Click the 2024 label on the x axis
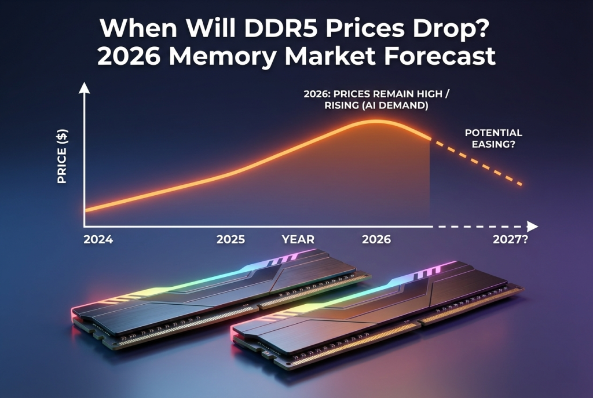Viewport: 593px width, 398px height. pos(98,239)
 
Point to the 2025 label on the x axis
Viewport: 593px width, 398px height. pos(230,239)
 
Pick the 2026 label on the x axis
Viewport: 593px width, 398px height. pos(376,239)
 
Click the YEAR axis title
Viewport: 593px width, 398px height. pos(298,239)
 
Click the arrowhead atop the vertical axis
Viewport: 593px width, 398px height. pos(85,88)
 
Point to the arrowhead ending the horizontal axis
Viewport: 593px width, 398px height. pos(533,226)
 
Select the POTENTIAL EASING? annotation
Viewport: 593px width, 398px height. pos(493,138)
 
